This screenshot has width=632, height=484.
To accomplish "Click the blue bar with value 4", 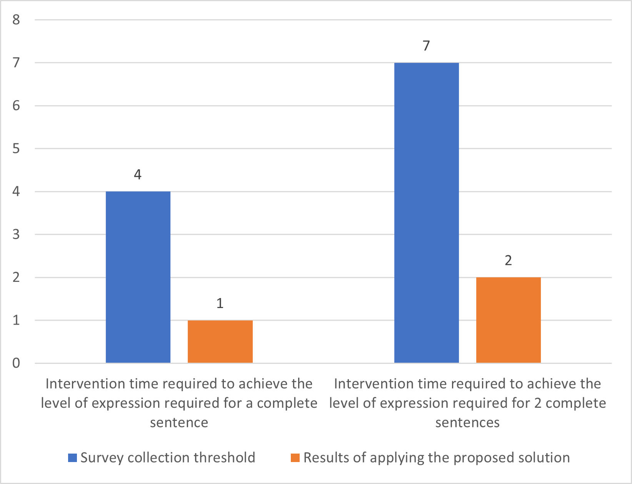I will [138, 277].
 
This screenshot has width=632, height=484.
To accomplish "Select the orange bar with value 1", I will [220, 342].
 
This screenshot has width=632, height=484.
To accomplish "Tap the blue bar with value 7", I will [426, 213].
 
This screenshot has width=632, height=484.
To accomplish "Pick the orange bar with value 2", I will [508, 320].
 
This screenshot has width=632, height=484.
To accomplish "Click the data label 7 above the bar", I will [426, 46].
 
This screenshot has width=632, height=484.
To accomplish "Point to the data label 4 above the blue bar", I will [138, 175].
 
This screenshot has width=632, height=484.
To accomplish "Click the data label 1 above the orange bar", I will [220, 304].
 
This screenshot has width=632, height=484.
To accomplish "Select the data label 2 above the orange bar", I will [508, 261].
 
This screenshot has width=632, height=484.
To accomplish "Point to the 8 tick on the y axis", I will [16, 20].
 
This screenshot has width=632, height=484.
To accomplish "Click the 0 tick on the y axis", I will [16, 363].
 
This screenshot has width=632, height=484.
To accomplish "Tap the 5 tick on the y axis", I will [16, 149].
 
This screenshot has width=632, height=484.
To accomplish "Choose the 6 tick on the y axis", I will [16, 106].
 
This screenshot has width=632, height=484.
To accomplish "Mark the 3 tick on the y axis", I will [16, 234].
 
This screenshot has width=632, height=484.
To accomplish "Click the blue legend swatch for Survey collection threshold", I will [72, 458].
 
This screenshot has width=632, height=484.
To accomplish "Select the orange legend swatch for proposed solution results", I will [295, 458].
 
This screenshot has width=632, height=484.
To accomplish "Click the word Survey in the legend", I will [101, 458].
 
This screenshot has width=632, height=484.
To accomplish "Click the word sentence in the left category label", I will [179, 423].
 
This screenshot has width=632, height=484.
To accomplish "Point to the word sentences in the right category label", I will [467, 423].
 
